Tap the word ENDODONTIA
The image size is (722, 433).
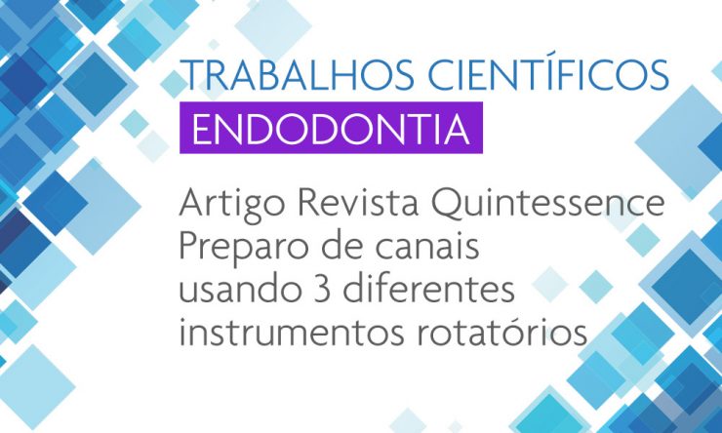point(331,128)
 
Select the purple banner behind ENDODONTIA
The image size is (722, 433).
point(331,128)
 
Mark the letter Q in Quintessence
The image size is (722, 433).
point(447,205)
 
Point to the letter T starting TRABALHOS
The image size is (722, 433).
point(193,75)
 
